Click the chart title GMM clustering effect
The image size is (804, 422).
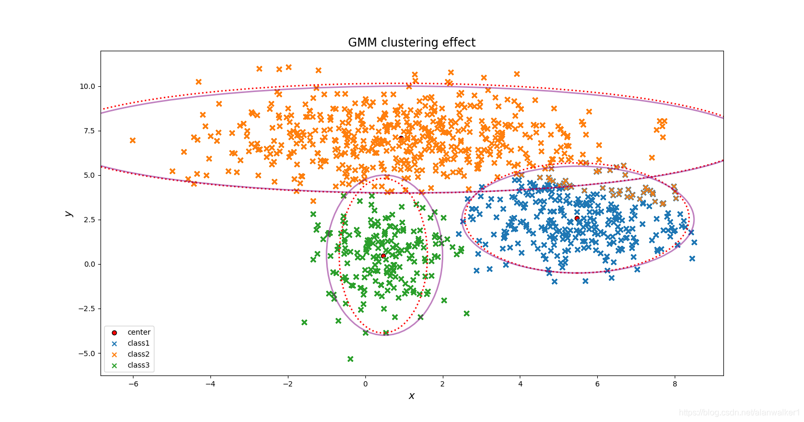(x=411, y=42)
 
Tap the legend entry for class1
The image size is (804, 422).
(x=138, y=344)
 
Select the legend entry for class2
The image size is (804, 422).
(x=138, y=355)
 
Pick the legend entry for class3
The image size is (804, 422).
(x=138, y=366)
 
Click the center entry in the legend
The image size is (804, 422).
(x=138, y=333)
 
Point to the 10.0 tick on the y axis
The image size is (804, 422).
(x=87, y=86)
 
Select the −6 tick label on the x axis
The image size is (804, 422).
(x=133, y=384)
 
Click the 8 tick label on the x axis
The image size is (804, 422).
(x=675, y=384)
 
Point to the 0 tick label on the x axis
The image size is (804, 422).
(x=365, y=384)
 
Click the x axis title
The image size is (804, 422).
(x=411, y=396)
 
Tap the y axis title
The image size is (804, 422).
(x=68, y=213)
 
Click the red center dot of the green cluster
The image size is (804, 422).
(x=383, y=256)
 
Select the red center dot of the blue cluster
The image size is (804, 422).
(x=577, y=218)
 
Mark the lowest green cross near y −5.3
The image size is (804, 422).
(x=350, y=359)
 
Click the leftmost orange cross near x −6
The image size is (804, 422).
(x=132, y=140)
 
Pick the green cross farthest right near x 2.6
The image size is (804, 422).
(x=466, y=313)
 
